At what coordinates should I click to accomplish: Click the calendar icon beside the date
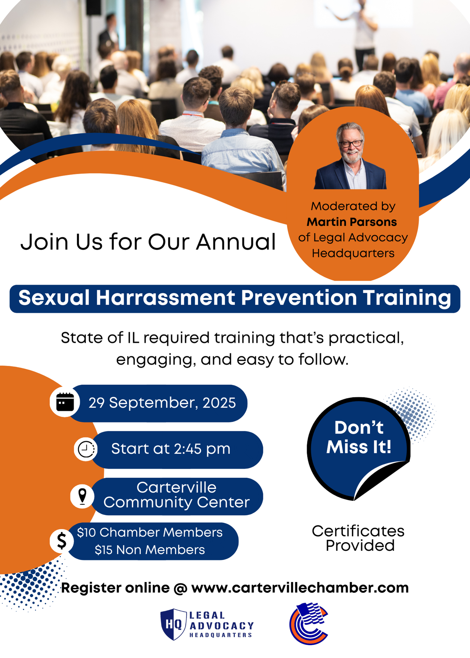tap(65, 402)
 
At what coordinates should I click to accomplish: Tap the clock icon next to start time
tap(86, 449)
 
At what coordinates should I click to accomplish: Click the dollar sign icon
tap(62, 541)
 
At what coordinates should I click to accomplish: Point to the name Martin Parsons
tap(352, 222)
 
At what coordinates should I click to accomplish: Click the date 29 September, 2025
tap(162, 403)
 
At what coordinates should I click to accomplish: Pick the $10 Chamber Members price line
tap(150, 532)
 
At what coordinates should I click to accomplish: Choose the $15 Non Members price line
tap(150, 550)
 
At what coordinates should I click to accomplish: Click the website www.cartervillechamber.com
tap(300, 588)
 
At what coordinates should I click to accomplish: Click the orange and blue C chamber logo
tap(309, 623)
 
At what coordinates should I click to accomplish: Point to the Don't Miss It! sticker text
tap(359, 437)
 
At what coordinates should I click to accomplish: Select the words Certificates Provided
tap(358, 538)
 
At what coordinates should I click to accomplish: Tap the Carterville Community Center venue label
tap(177, 495)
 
